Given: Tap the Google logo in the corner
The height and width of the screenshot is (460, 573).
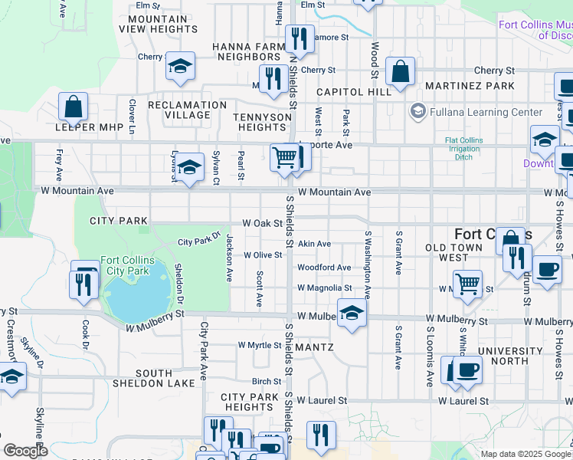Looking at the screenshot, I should tap(25, 450).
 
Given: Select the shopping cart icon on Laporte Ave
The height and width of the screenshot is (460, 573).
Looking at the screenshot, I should tap(284, 158).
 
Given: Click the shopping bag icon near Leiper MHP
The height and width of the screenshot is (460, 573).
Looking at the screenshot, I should tap(74, 107).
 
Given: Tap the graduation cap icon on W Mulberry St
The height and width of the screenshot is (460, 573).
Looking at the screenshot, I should tap(352, 313).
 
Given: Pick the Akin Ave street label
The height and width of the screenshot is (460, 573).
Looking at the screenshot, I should tap(314, 244).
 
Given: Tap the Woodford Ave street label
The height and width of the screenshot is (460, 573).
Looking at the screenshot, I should tap(324, 268).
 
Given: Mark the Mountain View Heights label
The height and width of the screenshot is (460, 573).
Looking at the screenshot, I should tap(159, 24).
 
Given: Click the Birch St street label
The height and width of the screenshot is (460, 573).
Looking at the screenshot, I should tap(267, 381).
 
